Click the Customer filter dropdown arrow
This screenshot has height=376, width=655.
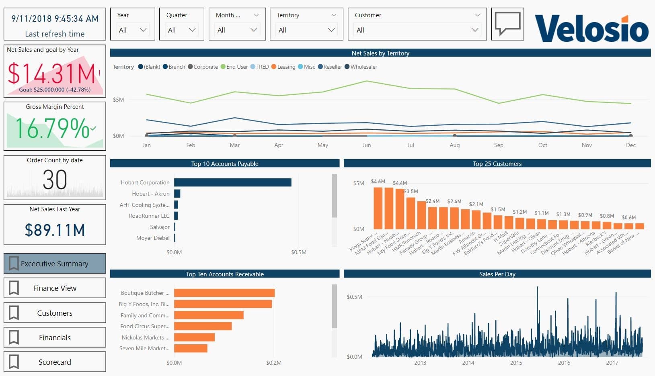[x=475, y=30]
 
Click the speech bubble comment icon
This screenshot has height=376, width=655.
[x=507, y=24]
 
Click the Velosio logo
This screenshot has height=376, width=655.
[x=591, y=28]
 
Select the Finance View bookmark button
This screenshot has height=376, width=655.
[x=55, y=288]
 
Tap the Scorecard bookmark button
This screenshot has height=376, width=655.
[x=55, y=362]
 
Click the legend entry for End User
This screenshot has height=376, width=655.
[x=236, y=67]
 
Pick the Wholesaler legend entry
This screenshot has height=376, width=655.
[x=363, y=67]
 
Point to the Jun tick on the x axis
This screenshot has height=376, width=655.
[x=366, y=145]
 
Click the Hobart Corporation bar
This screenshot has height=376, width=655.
[x=232, y=182]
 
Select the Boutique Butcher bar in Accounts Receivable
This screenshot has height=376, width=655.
[x=224, y=293]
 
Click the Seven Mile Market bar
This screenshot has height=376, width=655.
[x=191, y=348]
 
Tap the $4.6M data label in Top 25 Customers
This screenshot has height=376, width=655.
[x=378, y=182]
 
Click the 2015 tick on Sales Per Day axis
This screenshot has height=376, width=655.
[x=516, y=363]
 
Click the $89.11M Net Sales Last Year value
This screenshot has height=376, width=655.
[x=55, y=230]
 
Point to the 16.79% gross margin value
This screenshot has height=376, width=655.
[x=52, y=129]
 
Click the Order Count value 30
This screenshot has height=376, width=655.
[x=55, y=180]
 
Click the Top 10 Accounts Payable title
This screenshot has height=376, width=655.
[x=224, y=163]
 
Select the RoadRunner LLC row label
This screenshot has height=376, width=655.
[x=149, y=216]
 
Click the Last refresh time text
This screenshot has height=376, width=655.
[x=55, y=34]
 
